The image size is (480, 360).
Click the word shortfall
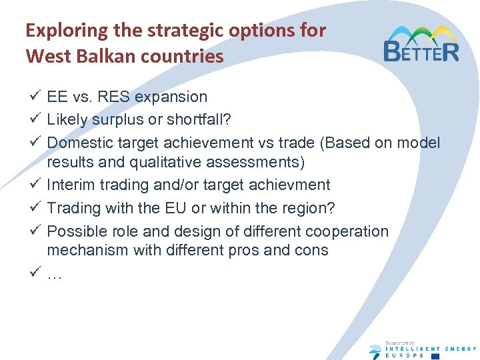coord(199,119)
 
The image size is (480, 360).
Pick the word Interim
coord(71,185)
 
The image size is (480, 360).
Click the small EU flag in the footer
coord(435,356)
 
